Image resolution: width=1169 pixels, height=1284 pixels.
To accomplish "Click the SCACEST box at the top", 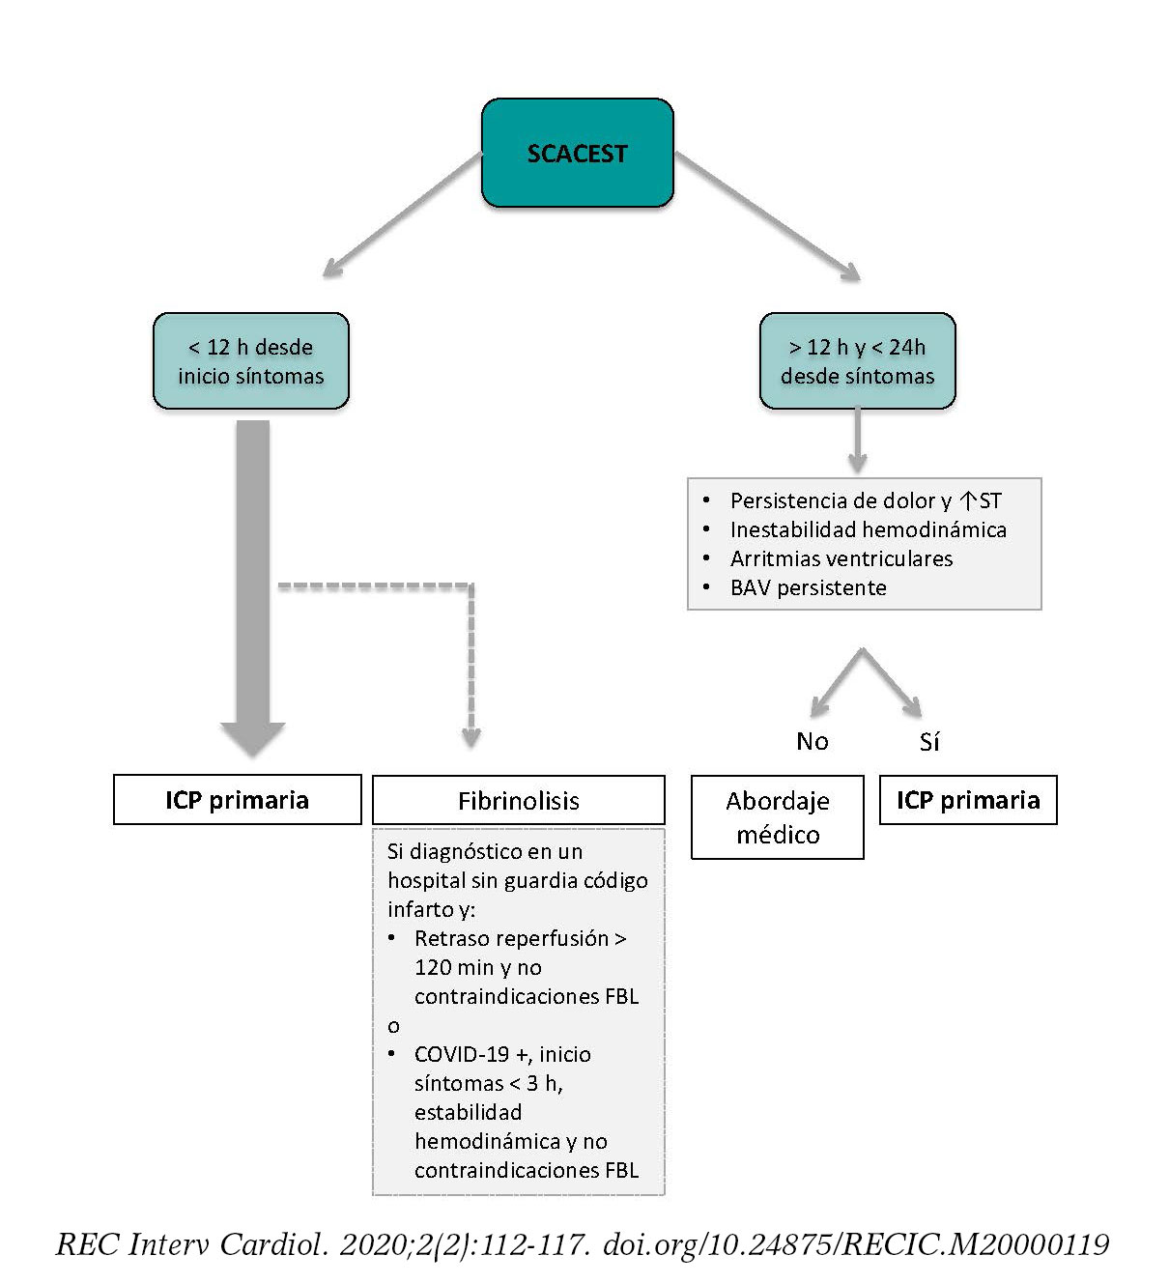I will [x=577, y=154].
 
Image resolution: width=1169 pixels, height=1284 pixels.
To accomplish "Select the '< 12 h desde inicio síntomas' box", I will [x=251, y=361].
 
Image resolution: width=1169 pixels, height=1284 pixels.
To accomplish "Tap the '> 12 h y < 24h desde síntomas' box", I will [x=857, y=361].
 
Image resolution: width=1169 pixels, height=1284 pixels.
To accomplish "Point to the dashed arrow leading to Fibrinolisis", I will [x=470, y=667].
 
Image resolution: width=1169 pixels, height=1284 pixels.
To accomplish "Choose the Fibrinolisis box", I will [x=519, y=801].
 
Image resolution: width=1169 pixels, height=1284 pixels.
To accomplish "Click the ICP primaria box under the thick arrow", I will [x=238, y=800].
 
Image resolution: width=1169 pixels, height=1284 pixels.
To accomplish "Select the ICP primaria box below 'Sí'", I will [x=968, y=800].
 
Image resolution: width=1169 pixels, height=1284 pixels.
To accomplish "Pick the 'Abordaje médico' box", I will [x=778, y=817].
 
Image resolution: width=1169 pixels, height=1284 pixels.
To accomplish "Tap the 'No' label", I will [x=813, y=741].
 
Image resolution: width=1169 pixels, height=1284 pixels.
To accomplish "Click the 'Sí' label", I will [x=929, y=742].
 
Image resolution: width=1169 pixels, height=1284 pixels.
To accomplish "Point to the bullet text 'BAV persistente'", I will [x=808, y=587].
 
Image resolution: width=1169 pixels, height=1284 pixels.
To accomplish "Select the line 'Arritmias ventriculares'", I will [x=841, y=558].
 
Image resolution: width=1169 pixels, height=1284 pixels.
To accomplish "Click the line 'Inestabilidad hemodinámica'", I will [x=868, y=529].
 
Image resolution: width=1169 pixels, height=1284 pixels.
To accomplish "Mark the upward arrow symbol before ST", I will [x=968, y=500].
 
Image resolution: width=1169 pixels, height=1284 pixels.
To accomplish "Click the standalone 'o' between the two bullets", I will [x=393, y=1026].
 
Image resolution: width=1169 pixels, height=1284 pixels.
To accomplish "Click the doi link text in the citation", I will [x=855, y=1244].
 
